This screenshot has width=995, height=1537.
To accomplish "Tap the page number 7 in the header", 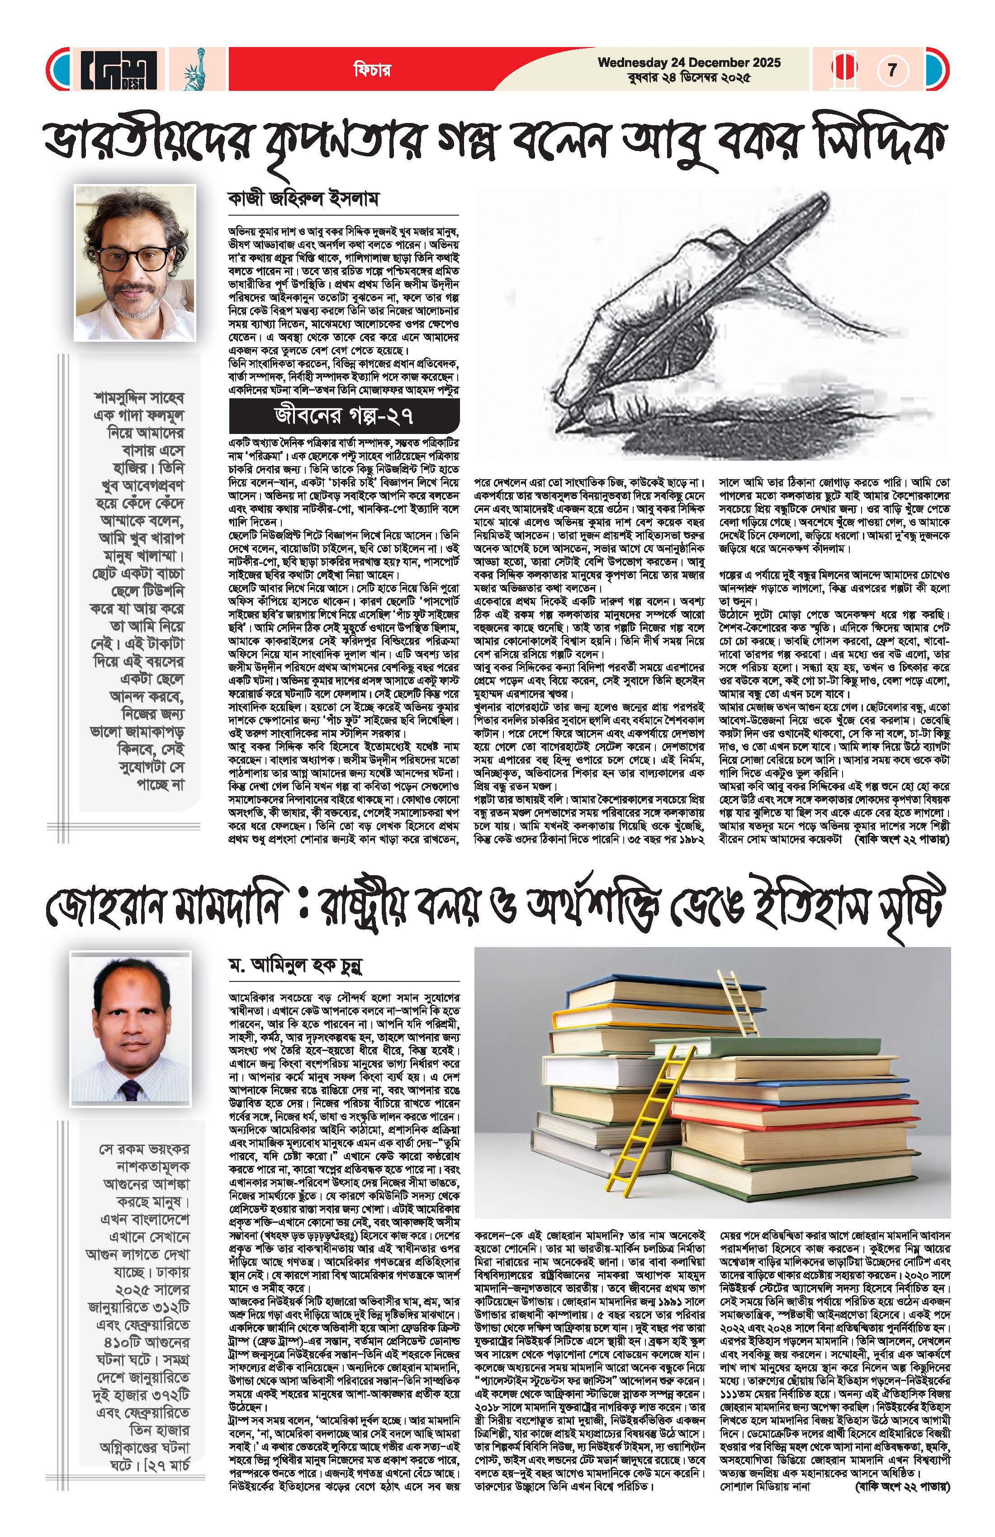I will point(892,69).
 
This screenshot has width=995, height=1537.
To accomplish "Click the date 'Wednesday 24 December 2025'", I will point(689,63).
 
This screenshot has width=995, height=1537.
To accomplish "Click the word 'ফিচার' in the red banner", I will point(371,70).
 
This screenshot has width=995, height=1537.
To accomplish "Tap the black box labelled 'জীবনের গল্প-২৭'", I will point(344,416).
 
